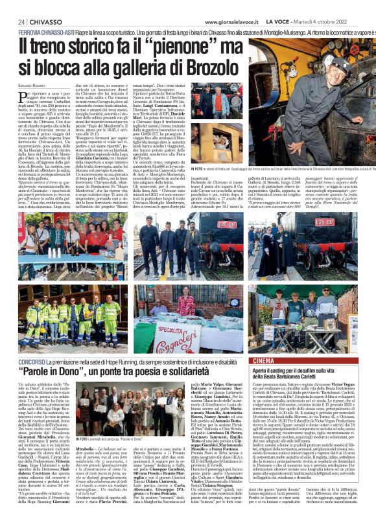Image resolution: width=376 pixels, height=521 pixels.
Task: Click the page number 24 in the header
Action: pos(22,21)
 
